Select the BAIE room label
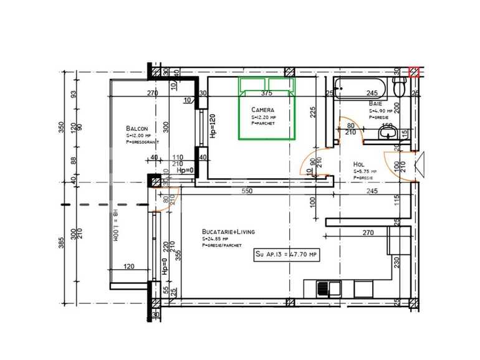[375, 103]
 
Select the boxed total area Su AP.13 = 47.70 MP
[287, 254]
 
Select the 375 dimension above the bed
[267, 93]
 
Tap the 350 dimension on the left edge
[61, 127]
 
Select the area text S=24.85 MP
[215, 239]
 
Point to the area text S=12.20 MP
[264, 117]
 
